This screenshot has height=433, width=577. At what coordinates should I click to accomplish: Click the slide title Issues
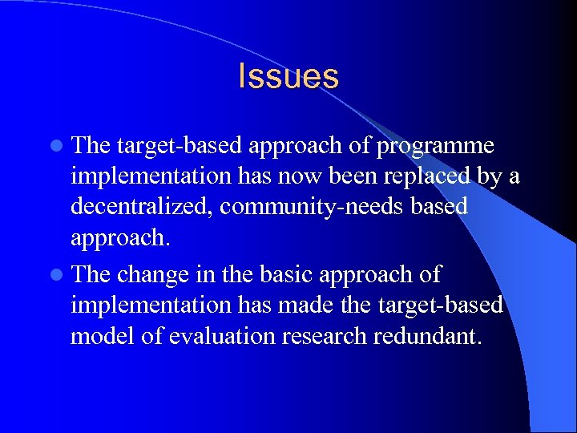tap(288, 76)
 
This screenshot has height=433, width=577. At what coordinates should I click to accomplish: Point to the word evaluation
tap(212, 335)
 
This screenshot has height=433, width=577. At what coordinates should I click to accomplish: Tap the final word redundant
tap(429, 335)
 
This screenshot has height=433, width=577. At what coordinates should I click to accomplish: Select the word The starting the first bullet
tap(91, 147)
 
